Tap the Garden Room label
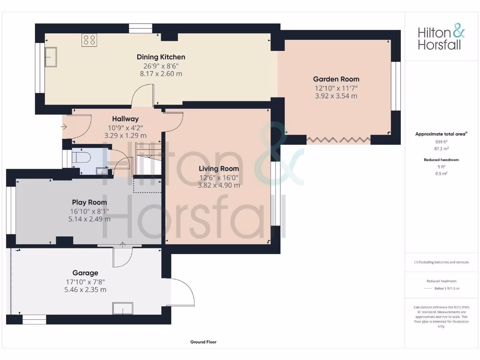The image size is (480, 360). [336, 79]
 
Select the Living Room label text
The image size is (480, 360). [218, 169]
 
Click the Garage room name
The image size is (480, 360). [85, 273]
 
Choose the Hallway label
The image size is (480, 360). [125, 119]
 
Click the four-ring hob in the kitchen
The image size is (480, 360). [89, 40]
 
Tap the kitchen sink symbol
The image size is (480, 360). [51, 57]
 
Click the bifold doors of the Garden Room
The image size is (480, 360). [338, 139]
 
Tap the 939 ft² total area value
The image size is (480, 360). [441, 141]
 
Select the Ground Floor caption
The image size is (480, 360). [203, 342]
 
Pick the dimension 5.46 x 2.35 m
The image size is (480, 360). [85, 290]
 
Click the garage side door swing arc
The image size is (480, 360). [185, 291]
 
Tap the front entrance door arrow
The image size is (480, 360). [64, 126]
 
